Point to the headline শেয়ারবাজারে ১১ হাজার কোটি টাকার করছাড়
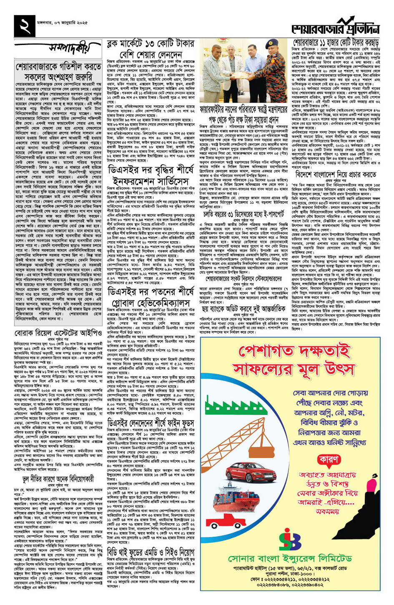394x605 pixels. (336, 42)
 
